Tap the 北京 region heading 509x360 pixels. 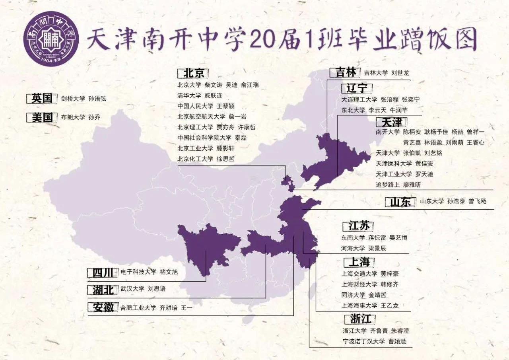pyautogui.click(x=193, y=74)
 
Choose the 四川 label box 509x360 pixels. pyautogui.click(x=103, y=272)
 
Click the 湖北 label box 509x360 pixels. pyautogui.click(x=103, y=290)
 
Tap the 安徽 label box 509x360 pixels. pyautogui.click(x=103, y=307)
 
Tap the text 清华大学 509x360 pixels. pyautogui.click(x=189, y=95)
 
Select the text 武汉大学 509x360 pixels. pyautogui.click(x=132, y=289)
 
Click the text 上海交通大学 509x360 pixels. pyautogui.click(x=359, y=274)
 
